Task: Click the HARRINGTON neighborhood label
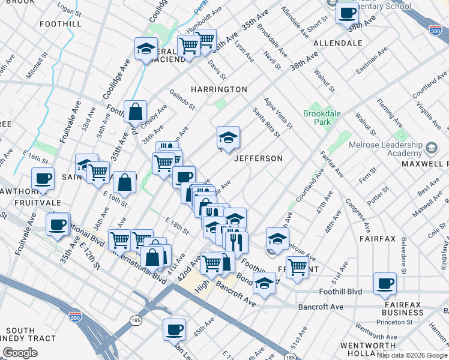coord(218,89)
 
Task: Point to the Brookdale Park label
coord(317,118)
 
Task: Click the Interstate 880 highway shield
coord(75,316)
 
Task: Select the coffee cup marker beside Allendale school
coord(347,13)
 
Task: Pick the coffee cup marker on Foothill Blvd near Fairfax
coord(385,283)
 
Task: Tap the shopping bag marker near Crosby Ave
coord(136,111)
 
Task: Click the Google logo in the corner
coord(20,353)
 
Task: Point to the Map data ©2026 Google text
coord(412,355)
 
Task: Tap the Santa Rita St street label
coord(266,122)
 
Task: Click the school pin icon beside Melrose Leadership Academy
coord(431,148)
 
